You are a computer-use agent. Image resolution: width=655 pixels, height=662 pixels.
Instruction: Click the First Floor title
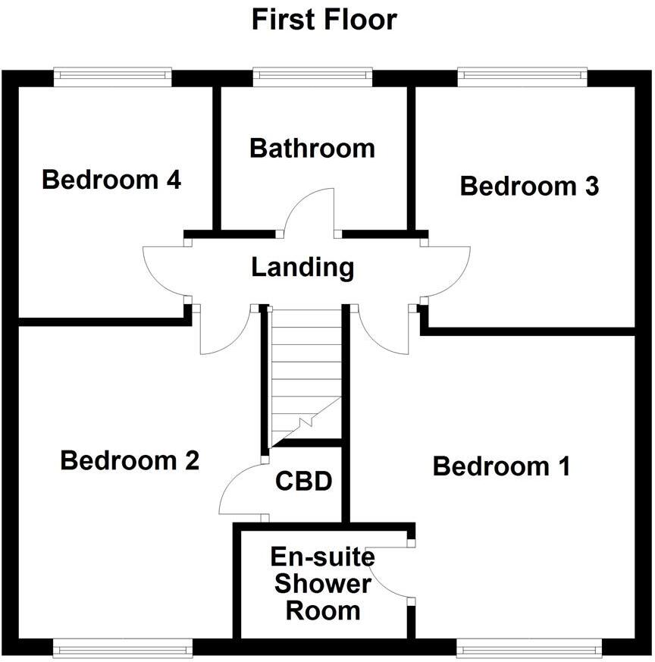[324, 19]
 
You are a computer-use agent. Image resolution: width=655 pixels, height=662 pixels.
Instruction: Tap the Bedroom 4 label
[111, 180]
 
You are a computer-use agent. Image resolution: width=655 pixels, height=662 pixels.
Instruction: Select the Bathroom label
[312, 148]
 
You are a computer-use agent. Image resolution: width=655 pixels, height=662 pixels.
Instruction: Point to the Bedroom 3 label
[529, 186]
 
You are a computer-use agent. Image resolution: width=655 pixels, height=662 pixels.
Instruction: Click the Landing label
[302, 268]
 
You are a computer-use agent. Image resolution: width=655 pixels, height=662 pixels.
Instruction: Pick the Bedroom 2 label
[130, 460]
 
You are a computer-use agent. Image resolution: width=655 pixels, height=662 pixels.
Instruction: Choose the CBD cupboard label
[304, 482]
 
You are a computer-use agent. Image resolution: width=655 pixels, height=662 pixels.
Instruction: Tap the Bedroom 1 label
[501, 466]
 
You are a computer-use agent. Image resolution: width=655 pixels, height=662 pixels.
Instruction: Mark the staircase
[306, 372]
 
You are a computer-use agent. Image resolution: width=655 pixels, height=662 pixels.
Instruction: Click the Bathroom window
[312, 75]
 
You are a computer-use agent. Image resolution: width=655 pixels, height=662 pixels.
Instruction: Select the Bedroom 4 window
[112, 75]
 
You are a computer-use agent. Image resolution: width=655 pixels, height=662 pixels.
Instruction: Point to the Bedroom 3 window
[522, 75]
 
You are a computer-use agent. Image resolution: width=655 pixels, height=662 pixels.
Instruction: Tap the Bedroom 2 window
[123, 647]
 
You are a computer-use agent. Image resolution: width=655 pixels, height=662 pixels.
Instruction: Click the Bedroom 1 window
[528, 647]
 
